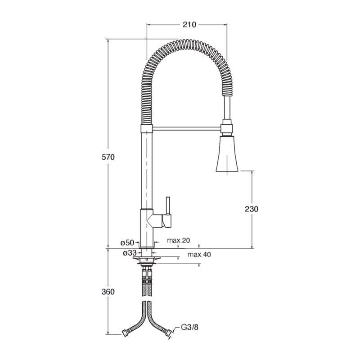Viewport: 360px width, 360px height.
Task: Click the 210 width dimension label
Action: coord(189,25)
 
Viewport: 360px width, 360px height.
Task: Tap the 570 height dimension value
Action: coord(108,157)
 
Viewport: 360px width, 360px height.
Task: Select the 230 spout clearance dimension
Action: coord(252,209)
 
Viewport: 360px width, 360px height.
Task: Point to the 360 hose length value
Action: coord(108,292)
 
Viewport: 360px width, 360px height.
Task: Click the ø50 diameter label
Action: coord(127,243)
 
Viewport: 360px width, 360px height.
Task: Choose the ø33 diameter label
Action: coord(130,253)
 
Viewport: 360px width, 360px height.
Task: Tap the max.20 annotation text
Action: coord(178,240)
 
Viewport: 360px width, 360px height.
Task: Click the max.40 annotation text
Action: coord(199,254)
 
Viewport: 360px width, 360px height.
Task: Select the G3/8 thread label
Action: coord(189,327)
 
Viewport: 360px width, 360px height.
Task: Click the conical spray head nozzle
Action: coord(227,154)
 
